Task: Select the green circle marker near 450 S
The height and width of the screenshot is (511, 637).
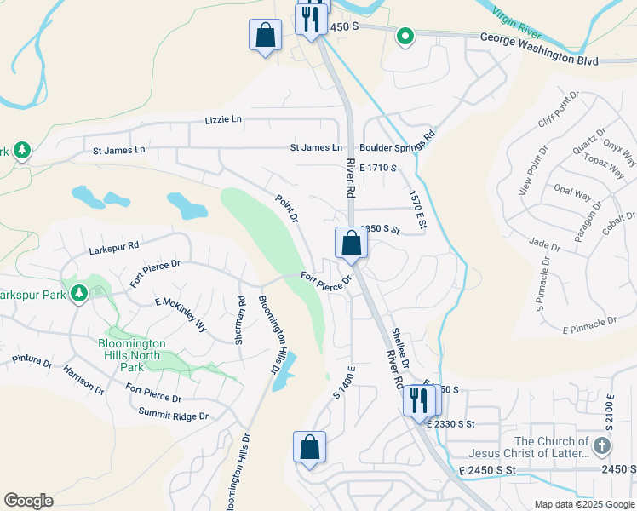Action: click(406, 36)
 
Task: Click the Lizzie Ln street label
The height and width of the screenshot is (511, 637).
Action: click(223, 121)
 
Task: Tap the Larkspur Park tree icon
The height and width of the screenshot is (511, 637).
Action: click(79, 293)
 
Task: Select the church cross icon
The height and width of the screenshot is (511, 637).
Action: click(602, 446)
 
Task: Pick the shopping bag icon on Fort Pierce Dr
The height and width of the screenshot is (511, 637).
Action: click(351, 244)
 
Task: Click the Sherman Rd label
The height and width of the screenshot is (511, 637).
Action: click(241, 319)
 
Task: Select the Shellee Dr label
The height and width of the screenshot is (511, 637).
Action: click(400, 349)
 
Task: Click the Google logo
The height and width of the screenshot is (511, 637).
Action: click(28, 501)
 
